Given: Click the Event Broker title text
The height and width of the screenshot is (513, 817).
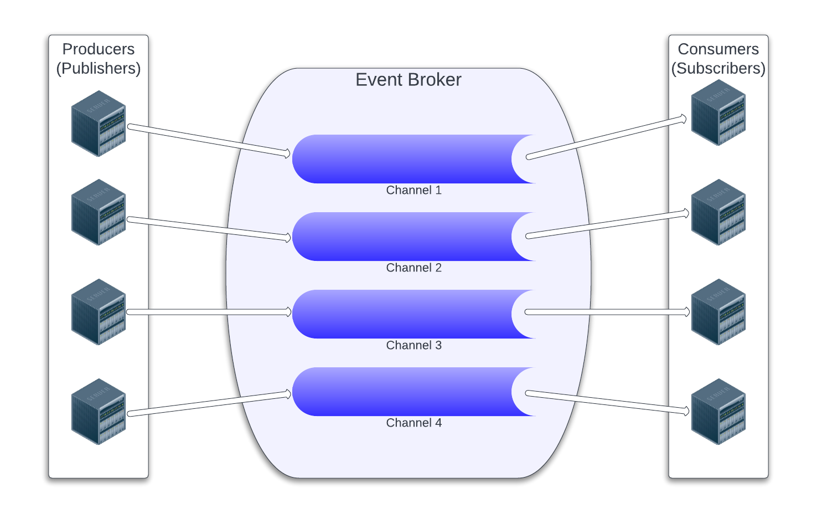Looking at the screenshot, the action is pos(408,80).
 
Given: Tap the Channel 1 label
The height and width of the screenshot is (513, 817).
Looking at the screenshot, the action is pos(413,190).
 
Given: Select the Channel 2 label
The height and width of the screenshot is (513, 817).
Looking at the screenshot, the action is pos(413,268).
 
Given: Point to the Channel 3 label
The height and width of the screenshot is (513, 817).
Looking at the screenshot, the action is pos(413,345).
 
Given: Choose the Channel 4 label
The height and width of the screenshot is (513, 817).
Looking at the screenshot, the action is pos(413,423).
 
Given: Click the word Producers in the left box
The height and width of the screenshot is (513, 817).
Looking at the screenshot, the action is pos(99,49).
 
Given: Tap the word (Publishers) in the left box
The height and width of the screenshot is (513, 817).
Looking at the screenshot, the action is pos(99,68).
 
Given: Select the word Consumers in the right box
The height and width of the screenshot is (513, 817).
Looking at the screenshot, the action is pos(718,49).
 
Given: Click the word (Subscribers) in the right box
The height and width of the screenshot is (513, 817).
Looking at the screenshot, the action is pos(718,68).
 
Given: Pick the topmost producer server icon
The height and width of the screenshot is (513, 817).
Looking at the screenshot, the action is pos(99,124).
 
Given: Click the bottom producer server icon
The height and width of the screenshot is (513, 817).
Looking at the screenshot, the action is pos(99,411).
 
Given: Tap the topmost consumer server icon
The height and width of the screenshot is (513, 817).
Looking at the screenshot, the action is pos(718,112).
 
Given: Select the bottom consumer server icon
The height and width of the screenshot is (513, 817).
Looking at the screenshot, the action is pos(718,411).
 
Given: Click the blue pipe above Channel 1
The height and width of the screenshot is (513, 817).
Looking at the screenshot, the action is pos(404,159).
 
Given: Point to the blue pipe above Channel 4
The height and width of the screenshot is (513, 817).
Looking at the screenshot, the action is pos(404,392).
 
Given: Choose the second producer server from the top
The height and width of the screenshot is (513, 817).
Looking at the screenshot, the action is pos(99,212).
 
